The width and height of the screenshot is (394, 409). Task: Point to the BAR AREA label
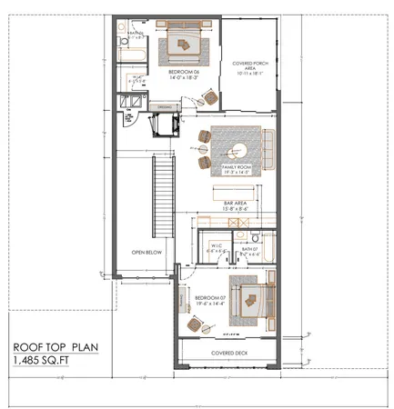coord(236,204)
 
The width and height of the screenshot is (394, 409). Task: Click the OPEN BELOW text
coord(146,252)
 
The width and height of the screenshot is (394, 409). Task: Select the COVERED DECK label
coord(229,351)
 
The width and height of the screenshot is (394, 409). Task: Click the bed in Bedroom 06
coord(187,43)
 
